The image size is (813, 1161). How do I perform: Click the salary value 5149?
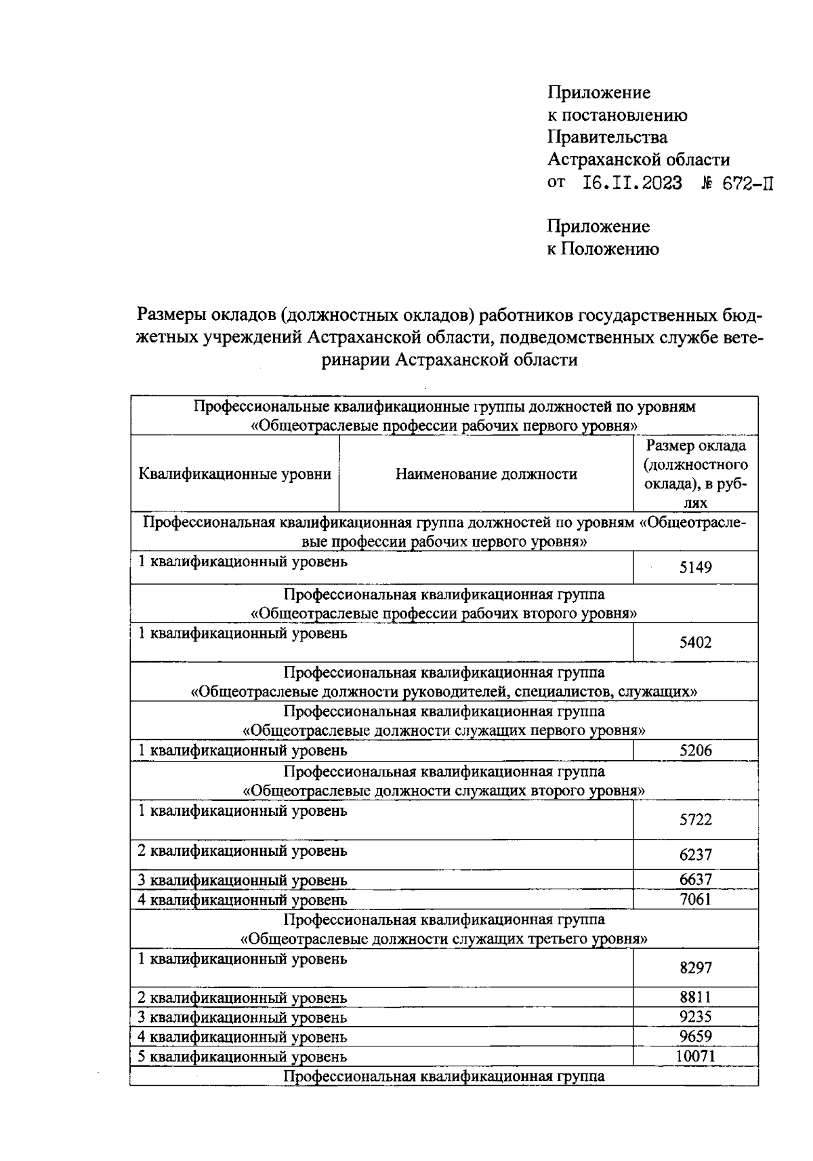tap(695, 568)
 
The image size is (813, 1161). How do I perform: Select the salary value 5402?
tap(695, 643)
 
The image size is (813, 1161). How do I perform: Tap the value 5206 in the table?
tap(695, 750)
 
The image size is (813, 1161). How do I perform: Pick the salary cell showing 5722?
tap(695, 820)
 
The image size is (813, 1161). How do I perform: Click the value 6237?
tap(695, 855)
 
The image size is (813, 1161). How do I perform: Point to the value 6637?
tap(695, 880)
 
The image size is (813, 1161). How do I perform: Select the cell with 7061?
tap(695, 900)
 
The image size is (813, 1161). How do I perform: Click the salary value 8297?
tap(695, 968)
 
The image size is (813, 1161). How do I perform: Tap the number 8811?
tap(695, 997)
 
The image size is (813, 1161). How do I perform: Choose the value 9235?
tap(695, 1017)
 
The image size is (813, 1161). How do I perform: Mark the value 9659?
tap(695, 1036)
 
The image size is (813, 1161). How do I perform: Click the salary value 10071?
tap(695, 1056)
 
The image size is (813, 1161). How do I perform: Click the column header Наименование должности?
tap(486, 474)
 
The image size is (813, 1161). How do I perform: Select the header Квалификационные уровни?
tap(234, 474)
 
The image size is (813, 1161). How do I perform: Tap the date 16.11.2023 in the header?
tap(631, 183)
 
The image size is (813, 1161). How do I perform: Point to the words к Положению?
tap(602, 249)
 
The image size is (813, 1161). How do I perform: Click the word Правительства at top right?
tap(607, 138)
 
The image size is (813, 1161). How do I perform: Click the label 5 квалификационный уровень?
tap(243, 1057)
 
